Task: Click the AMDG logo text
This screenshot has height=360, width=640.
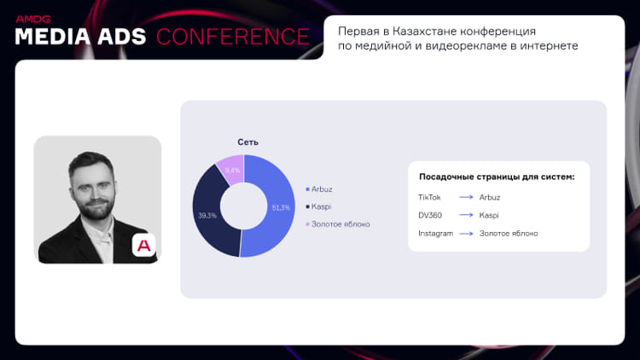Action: coord(33,19)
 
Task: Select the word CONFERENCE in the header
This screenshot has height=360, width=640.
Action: coord(233,37)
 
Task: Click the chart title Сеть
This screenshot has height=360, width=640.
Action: coord(247,142)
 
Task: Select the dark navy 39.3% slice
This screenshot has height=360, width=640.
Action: coord(209,212)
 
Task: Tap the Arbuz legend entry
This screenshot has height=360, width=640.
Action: coord(319,189)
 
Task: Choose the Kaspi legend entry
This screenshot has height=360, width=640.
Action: coord(318,207)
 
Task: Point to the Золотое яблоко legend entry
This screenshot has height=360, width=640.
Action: coord(338,224)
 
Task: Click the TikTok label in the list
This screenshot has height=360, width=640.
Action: coord(429,198)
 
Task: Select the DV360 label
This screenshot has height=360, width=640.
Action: coord(430,216)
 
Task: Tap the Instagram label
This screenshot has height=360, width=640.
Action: coord(435,234)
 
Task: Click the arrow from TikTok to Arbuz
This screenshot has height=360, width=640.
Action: coord(466,197)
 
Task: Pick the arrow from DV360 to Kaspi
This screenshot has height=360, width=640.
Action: coord(466,215)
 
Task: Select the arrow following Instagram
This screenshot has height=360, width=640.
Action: coord(466,234)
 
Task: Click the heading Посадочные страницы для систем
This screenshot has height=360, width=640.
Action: coord(497,177)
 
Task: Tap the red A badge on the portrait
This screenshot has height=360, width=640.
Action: coord(143,246)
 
